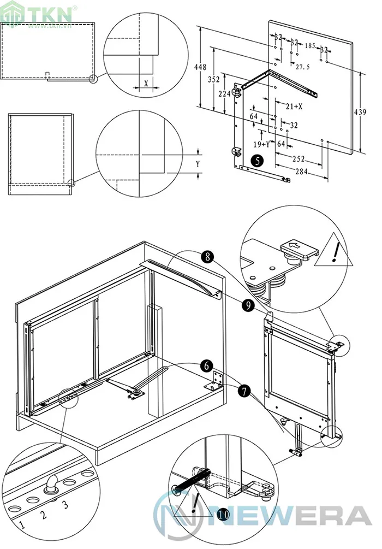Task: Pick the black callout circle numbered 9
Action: click(x=248, y=306)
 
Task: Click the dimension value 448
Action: click(x=200, y=67)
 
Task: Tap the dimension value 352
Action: click(x=214, y=79)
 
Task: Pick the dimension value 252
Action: click(x=298, y=159)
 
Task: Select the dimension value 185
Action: click(x=311, y=46)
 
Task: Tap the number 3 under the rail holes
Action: click(x=65, y=505)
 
